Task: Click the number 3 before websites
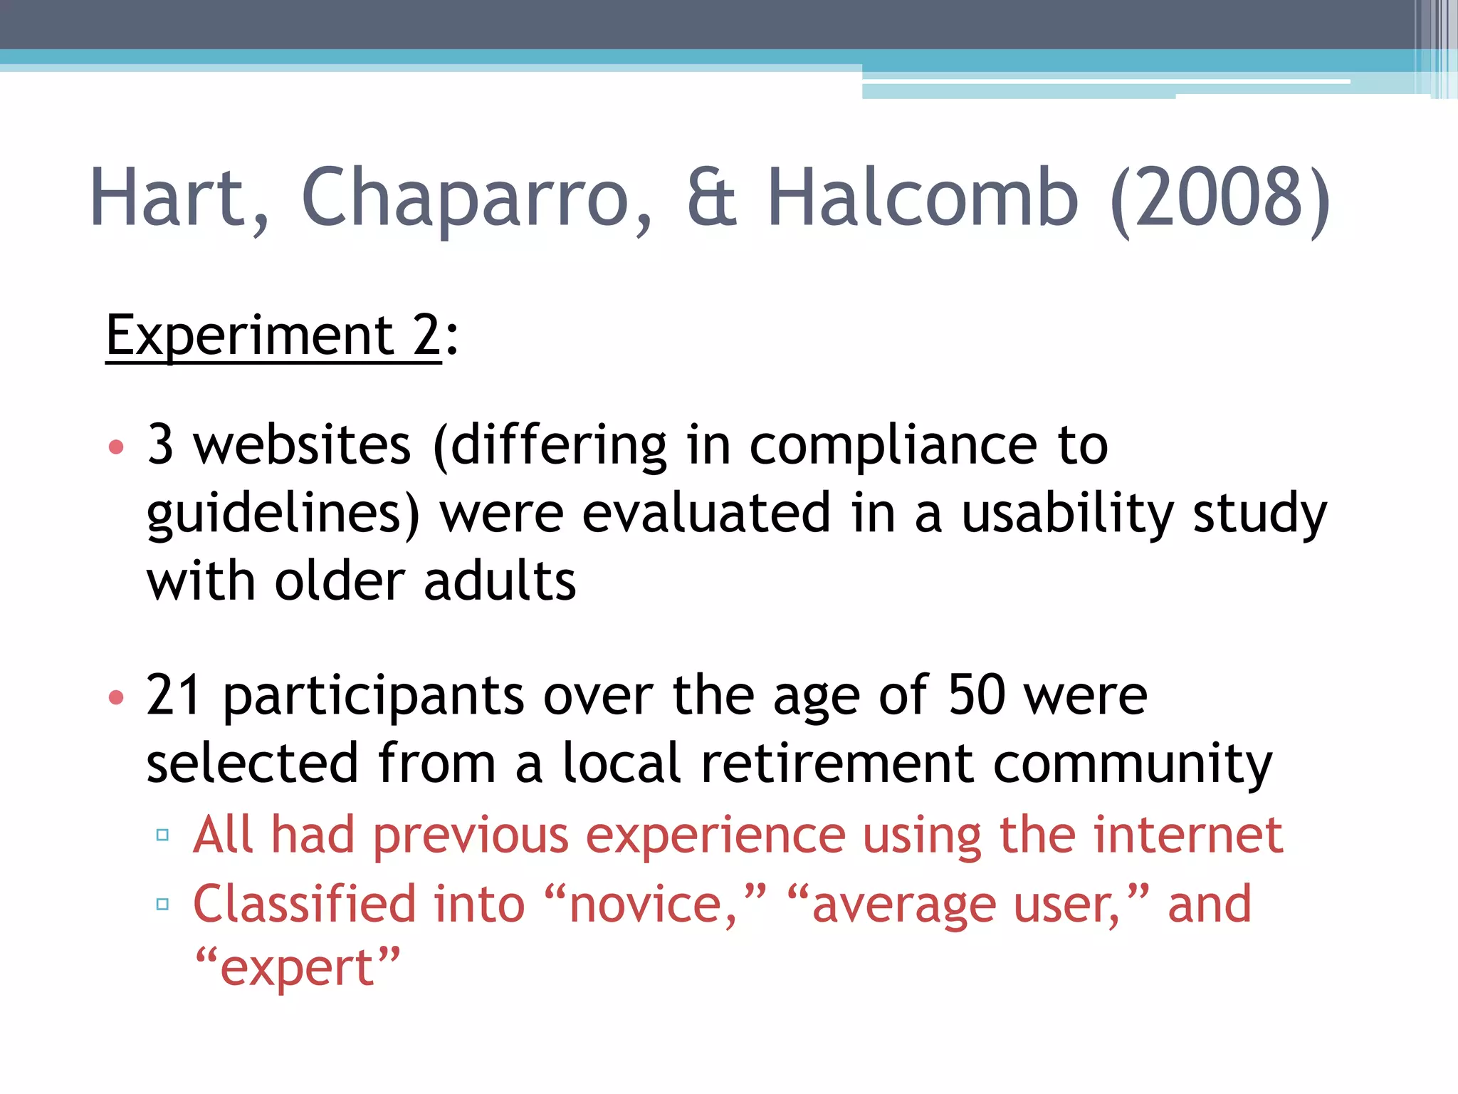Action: click(160, 444)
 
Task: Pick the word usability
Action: click(1067, 514)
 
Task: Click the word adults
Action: click(499, 581)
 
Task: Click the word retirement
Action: click(837, 764)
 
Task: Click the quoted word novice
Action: click(654, 905)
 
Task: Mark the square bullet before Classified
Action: click(162, 905)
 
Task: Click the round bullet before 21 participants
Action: click(116, 697)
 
